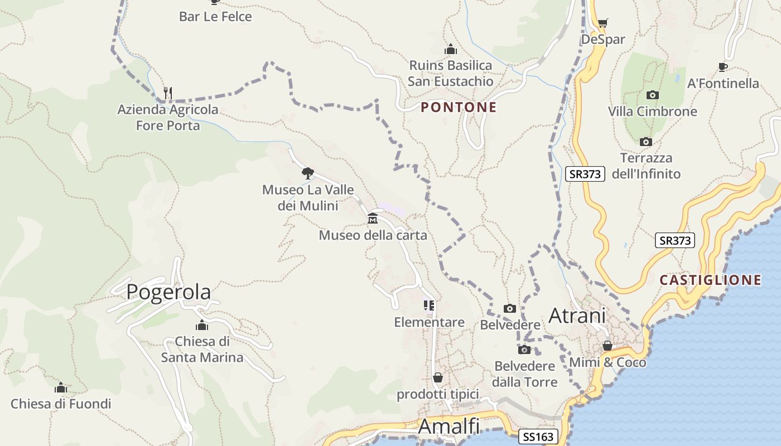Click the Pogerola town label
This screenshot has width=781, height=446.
coord(168,292)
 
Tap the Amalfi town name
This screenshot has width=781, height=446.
coord(449,426)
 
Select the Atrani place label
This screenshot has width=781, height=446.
coord(577,316)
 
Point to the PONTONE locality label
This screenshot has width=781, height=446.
coord(459,107)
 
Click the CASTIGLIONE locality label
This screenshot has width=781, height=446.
coord(710,280)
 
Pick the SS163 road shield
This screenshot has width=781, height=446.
coord(538,437)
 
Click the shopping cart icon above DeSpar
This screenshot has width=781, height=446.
coord(602,23)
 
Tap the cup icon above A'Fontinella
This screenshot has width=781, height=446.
coord(723,67)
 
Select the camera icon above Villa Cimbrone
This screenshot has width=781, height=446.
coord(652,95)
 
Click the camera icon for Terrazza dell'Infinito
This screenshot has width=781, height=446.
coord(646,142)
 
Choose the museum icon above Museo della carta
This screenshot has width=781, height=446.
coord(373,219)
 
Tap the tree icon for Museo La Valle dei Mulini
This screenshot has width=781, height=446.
coord(307,173)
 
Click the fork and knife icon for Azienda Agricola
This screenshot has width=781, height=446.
coord(167,92)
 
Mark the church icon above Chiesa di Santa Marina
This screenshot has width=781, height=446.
coord(201,325)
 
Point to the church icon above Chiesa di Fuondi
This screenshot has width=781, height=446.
coord(61,387)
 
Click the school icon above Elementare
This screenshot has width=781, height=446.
coord(428,306)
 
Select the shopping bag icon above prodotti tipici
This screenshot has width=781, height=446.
coord(438,377)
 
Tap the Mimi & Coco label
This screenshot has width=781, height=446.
coord(608,362)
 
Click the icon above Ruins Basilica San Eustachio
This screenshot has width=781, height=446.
coord(450,49)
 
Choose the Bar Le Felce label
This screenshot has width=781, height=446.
coord(215,17)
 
